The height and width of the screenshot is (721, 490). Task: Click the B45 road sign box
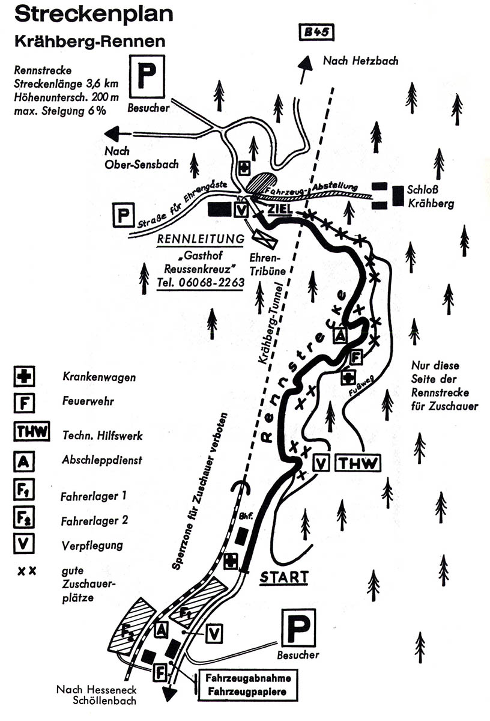tap(316, 32)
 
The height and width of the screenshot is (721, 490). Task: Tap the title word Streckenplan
tap(94, 14)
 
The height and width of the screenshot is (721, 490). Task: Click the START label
tap(284, 577)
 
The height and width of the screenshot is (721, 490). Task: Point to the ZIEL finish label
tap(280, 209)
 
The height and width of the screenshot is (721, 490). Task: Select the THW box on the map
tap(358, 463)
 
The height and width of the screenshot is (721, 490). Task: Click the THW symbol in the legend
tap(32, 431)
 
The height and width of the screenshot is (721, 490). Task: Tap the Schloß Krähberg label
tap(430, 196)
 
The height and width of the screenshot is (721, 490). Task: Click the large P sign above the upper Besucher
tap(147, 77)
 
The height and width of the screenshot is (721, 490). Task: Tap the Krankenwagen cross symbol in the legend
tap(24, 376)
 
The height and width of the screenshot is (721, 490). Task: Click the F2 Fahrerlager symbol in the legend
tap(24, 517)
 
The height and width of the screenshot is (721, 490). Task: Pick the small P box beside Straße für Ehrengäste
tap(123, 215)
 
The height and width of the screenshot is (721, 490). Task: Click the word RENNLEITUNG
tap(201, 239)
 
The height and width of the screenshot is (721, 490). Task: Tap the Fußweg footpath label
tap(361, 386)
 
